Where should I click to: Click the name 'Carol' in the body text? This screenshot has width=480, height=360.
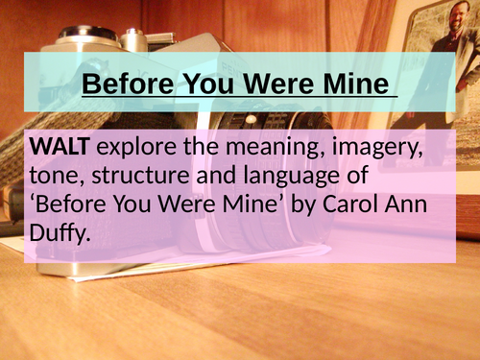(x=348, y=204)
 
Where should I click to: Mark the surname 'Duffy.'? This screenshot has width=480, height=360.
(x=61, y=233)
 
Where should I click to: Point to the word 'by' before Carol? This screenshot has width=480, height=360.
(x=296, y=204)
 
